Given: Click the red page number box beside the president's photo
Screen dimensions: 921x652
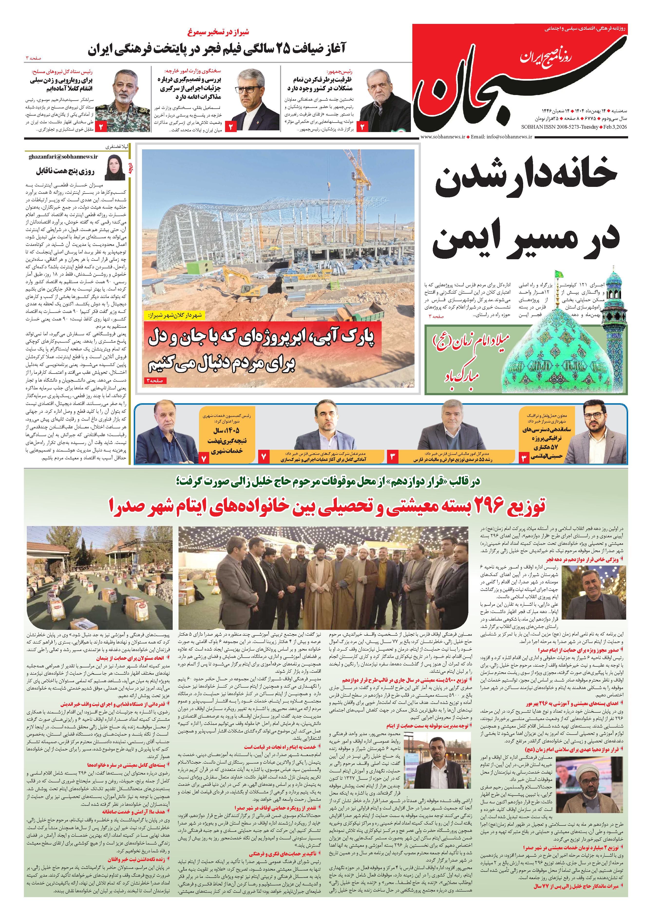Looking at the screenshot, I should click(363, 126).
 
